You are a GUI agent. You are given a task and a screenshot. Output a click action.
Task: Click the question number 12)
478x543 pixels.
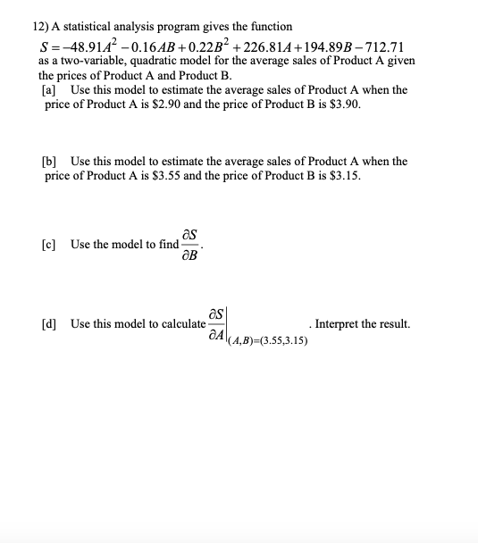click(29, 28)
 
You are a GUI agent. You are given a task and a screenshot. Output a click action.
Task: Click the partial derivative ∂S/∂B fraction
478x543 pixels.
click(189, 245)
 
